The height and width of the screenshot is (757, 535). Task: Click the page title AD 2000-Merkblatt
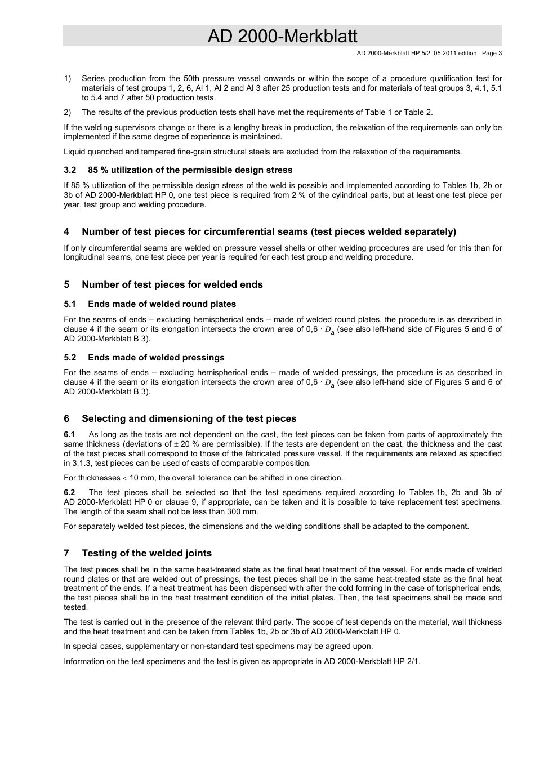[x=282, y=36]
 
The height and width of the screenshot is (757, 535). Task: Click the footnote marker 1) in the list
[x=68, y=79]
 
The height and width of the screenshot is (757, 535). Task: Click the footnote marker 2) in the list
[x=68, y=113]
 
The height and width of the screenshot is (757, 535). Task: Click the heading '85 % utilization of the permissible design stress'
[x=190, y=170]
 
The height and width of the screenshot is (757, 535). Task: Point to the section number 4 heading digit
[x=66, y=232]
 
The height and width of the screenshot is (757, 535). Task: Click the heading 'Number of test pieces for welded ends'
[x=172, y=285]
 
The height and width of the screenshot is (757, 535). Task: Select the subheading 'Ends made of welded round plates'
[x=162, y=304]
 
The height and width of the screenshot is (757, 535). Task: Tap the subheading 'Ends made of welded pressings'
[x=156, y=358]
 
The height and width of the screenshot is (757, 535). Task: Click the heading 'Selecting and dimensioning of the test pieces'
[x=189, y=419]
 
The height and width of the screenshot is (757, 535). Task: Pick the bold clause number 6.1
[x=69, y=435]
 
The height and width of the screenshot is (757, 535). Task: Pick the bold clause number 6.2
[x=69, y=493]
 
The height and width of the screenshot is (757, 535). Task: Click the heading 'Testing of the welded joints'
[x=146, y=554]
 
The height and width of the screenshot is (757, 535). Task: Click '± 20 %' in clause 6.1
[x=186, y=444]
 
